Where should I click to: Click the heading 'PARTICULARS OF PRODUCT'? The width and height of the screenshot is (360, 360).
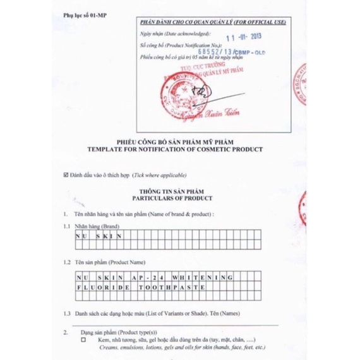(x=179, y=197)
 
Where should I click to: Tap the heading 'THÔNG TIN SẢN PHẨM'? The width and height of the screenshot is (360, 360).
(x=179, y=189)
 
